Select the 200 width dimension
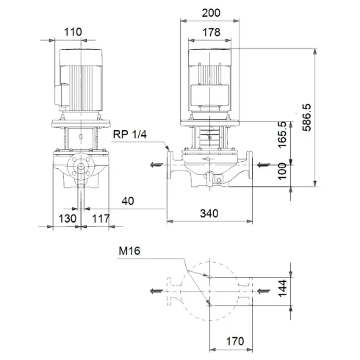coord(212,14)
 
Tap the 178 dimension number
coord(212,32)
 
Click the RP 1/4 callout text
coord(131,134)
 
